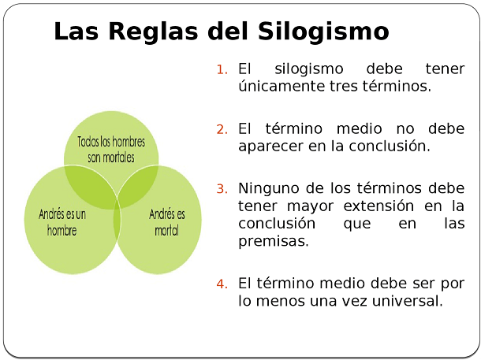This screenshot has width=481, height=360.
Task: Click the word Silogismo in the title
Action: tap(323, 32)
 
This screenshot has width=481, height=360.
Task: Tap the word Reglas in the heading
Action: tap(153, 32)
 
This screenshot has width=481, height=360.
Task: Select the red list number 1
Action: tap(222, 69)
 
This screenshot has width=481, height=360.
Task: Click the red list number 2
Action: tap(222, 130)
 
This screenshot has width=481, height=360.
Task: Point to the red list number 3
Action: tap(222, 189)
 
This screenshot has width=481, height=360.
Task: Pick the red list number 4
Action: tap(222, 284)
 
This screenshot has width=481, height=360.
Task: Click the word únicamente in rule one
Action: tap(281, 86)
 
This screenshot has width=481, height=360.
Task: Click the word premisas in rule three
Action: tap(274, 241)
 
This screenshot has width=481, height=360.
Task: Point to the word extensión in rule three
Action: tap(378, 206)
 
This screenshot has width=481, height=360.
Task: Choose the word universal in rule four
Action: tap(408, 301)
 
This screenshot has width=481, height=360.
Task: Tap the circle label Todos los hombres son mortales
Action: tap(111, 150)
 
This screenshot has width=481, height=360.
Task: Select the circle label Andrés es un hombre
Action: tap(62, 222)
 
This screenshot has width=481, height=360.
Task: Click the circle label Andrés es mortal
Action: tap(167, 222)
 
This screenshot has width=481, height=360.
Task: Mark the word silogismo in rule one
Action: tap(308, 69)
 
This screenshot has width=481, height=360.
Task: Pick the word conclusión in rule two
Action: tap(390, 147)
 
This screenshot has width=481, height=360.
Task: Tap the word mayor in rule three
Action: tap(310, 207)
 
